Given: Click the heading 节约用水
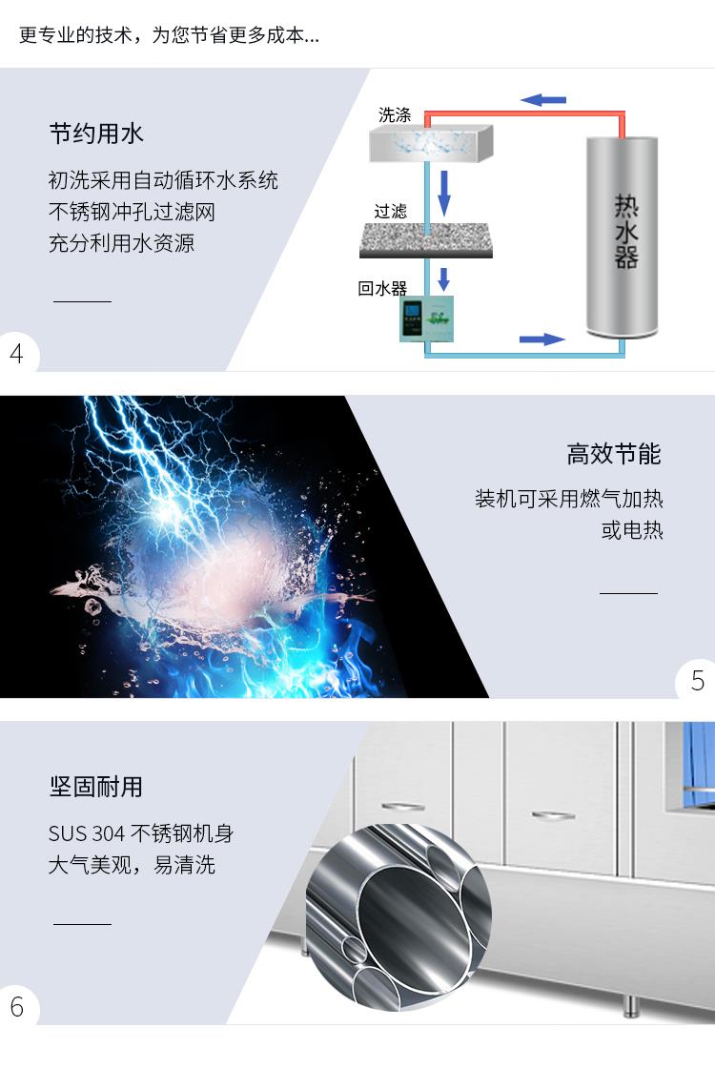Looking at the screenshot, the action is [x=96, y=134].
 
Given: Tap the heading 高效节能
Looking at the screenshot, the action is [x=613, y=454].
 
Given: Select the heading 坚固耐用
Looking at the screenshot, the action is [x=96, y=787].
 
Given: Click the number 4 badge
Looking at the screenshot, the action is [x=17, y=354].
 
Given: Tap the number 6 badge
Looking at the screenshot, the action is [x=17, y=1007].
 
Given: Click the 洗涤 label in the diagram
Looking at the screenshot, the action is [x=395, y=114].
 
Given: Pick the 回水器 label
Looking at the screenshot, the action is [x=382, y=288].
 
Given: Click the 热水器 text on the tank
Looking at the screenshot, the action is [x=625, y=231].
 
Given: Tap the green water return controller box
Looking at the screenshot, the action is [x=427, y=319].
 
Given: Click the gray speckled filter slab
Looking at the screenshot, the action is [x=426, y=240].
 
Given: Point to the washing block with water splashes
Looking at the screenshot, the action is [x=431, y=143].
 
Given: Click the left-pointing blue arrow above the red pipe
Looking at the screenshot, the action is [x=543, y=100].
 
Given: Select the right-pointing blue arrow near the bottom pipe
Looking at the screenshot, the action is [x=541, y=339].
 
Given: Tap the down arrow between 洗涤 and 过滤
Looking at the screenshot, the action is [x=444, y=193].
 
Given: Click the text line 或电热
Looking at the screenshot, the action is [x=632, y=530].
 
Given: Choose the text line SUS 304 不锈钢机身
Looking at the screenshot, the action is [x=141, y=833].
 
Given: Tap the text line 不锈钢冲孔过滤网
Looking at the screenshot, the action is [x=132, y=212].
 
